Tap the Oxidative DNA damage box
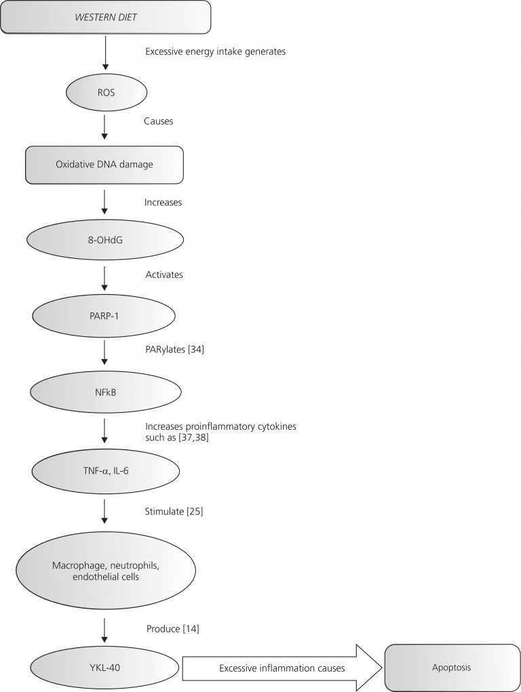tap(104, 165)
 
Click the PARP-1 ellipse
tap(104, 315)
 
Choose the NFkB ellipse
tap(104, 391)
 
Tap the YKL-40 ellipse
tap(104, 668)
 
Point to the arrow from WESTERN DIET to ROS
tap(105, 52)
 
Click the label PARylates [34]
tap(173, 350)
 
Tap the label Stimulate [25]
tap(174, 510)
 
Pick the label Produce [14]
tap(172, 629)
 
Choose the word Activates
tap(163, 275)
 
